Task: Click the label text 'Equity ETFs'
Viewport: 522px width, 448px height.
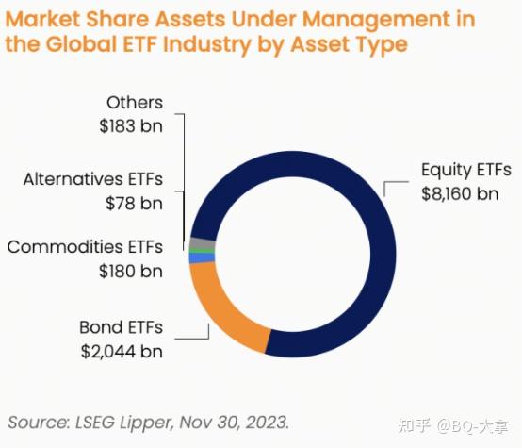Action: coord(465,171)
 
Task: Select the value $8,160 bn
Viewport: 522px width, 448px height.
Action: coord(459,193)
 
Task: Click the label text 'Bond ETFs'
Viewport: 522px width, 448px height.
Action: coord(121,327)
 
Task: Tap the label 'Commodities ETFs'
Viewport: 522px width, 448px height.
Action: coord(85,247)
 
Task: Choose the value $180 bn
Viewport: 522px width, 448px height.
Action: coord(130,271)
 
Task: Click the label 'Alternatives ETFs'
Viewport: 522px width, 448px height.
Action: coord(92,178)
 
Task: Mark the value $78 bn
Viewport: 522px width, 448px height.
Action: coord(134,202)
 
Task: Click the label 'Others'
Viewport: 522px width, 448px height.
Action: coord(135,102)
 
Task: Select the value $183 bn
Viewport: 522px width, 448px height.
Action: coord(130,125)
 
